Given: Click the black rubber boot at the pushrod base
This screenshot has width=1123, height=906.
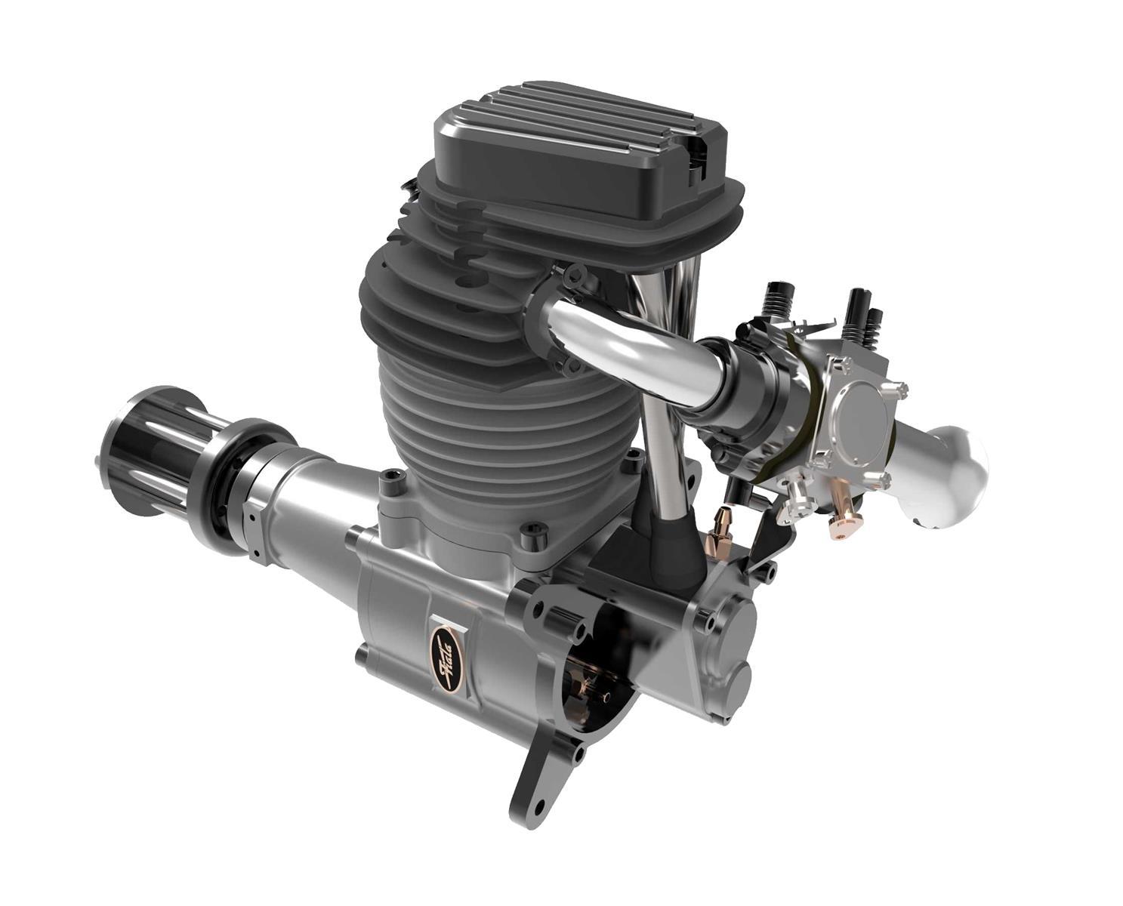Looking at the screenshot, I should point(665,544).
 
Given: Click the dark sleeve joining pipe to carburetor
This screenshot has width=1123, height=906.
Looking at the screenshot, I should point(744,377).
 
